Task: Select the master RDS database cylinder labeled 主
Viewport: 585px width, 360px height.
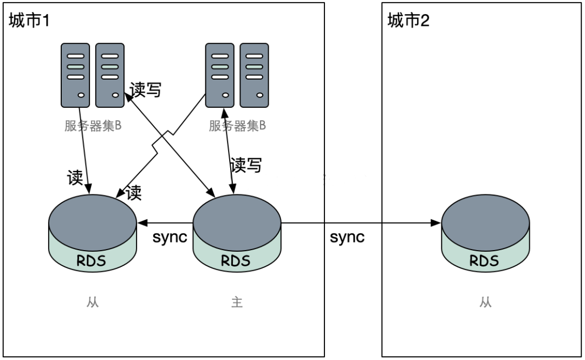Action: [237, 238]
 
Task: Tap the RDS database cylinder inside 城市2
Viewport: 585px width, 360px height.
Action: [485, 238]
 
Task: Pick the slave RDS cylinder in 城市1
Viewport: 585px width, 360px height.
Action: [92, 238]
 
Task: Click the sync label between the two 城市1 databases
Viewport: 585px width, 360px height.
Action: [170, 238]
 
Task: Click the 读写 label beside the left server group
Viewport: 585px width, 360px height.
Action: [145, 90]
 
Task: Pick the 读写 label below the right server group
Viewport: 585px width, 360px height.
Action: [245, 165]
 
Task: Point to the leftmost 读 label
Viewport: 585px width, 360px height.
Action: [75, 178]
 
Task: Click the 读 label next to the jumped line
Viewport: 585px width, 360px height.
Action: [133, 193]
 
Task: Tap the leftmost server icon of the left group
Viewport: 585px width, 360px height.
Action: [76, 76]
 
